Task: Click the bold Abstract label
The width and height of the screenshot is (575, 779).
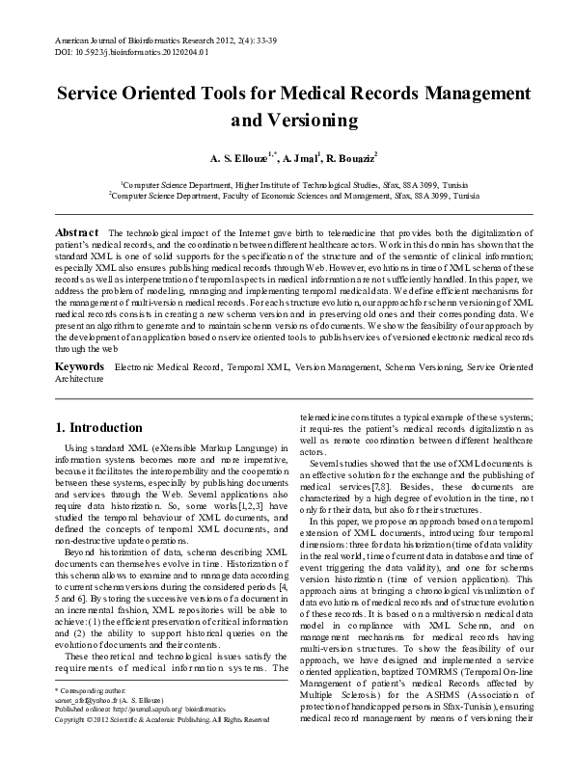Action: coord(76,234)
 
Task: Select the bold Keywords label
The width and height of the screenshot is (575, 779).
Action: coord(79,367)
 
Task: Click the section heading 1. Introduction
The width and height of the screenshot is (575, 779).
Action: coord(98,427)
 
